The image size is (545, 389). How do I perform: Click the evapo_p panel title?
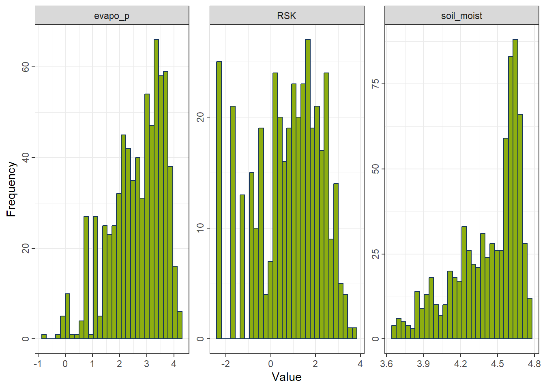point(112,16)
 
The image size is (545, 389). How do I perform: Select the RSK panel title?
point(286,16)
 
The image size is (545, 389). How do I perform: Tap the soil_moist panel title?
point(461,16)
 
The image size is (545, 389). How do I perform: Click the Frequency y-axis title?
point(11,189)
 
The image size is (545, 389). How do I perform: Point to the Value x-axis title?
point(286,377)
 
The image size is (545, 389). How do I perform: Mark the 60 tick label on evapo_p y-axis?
point(26,67)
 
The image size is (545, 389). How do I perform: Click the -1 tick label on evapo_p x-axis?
point(38,364)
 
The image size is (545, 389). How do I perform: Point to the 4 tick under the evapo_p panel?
point(174,364)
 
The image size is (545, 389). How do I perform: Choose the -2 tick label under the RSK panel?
point(225,364)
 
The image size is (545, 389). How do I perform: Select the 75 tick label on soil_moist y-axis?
point(375,84)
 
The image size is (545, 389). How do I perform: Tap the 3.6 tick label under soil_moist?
point(386,364)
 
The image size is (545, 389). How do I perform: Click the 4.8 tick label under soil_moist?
point(534,364)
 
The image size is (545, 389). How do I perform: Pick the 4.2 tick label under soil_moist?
point(460,364)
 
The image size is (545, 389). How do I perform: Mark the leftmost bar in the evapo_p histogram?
point(44,336)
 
